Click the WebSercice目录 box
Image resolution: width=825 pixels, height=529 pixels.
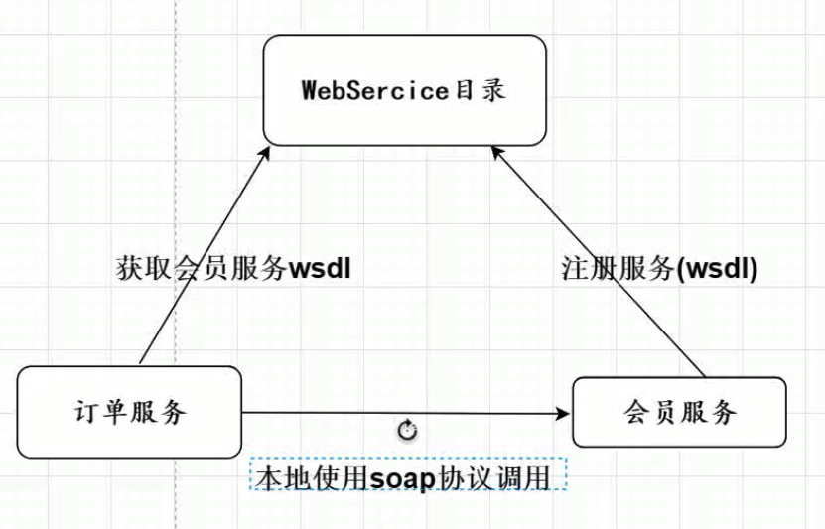404,89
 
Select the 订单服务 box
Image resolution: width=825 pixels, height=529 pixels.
129,412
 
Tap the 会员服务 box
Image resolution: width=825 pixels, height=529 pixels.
680,412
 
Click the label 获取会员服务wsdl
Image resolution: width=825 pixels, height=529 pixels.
234,269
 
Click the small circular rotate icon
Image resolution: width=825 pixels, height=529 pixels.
407,430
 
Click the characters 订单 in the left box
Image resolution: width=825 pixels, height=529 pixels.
102,412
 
